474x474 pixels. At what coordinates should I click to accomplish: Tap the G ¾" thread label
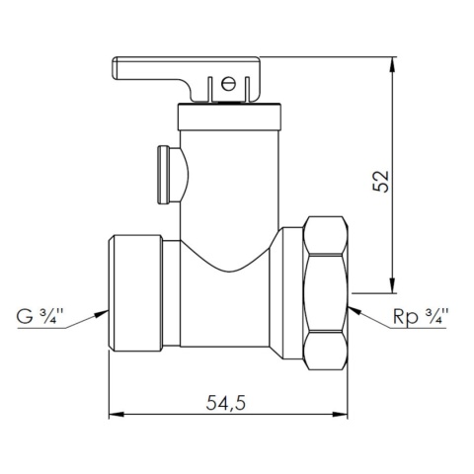(x=40, y=317)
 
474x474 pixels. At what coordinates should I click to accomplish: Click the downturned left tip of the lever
(x=116, y=70)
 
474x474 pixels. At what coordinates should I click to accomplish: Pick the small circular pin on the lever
(x=230, y=85)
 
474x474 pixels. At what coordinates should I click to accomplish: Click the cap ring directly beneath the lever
(x=230, y=106)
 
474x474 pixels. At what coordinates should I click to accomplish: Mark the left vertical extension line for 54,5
(x=108, y=385)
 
